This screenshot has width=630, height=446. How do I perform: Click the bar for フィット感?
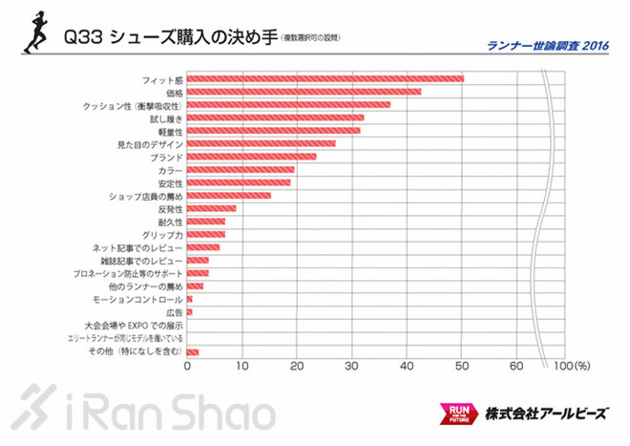pyautogui.click(x=325, y=78)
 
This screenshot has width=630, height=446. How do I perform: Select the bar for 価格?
pyautogui.click(x=304, y=92)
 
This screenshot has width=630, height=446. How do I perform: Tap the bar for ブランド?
pyautogui.click(x=251, y=157)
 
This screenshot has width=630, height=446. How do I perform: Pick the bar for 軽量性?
pyautogui.click(x=273, y=131)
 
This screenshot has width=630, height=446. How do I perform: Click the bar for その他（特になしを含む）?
pyautogui.click(x=192, y=352)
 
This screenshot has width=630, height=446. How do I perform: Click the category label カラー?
pyautogui.click(x=171, y=170)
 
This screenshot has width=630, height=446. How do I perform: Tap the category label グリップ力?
pyautogui.click(x=164, y=235)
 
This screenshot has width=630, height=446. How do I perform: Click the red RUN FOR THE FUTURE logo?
pyautogui.click(x=456, y=414)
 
